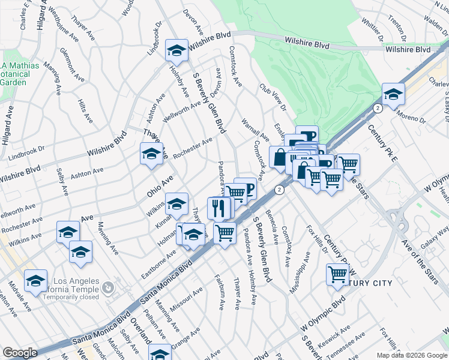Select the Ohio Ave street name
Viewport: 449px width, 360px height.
160,186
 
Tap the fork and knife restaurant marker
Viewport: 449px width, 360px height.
218,208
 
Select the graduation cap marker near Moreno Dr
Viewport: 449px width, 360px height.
393,94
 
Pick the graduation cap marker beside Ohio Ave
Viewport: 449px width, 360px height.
151,154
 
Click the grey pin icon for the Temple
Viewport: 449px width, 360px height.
107,288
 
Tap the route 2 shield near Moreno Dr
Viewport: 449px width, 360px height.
377,108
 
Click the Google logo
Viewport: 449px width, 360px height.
20,353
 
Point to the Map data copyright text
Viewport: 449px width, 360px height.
411,355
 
